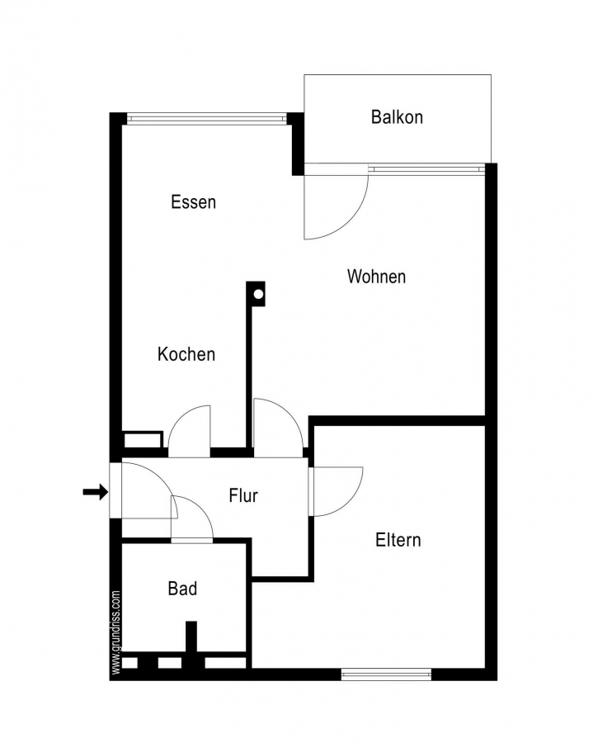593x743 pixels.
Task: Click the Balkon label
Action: [x=397, y=117]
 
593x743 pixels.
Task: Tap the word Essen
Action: [x=193, y=202]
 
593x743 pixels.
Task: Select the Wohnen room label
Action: [x=376, y=277]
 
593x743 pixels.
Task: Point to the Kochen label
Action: [x=186, y=354]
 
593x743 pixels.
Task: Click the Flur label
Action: [x=243, y=495]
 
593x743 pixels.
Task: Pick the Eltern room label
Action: [x=398, y=540]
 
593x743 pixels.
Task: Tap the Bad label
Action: [x=182, y=589]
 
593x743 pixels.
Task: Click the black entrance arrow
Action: [x=95, y=492]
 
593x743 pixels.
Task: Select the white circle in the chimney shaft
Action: [x=258, y=294]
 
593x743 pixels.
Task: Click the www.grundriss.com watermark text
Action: [x=116, y=632]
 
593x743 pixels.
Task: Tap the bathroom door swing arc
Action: [x=203, y=509]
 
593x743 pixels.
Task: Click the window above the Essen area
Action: [x=207, y=118]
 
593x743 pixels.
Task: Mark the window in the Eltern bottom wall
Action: [x=386, y=674]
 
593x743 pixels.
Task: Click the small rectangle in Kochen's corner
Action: [x=143, y=439]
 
